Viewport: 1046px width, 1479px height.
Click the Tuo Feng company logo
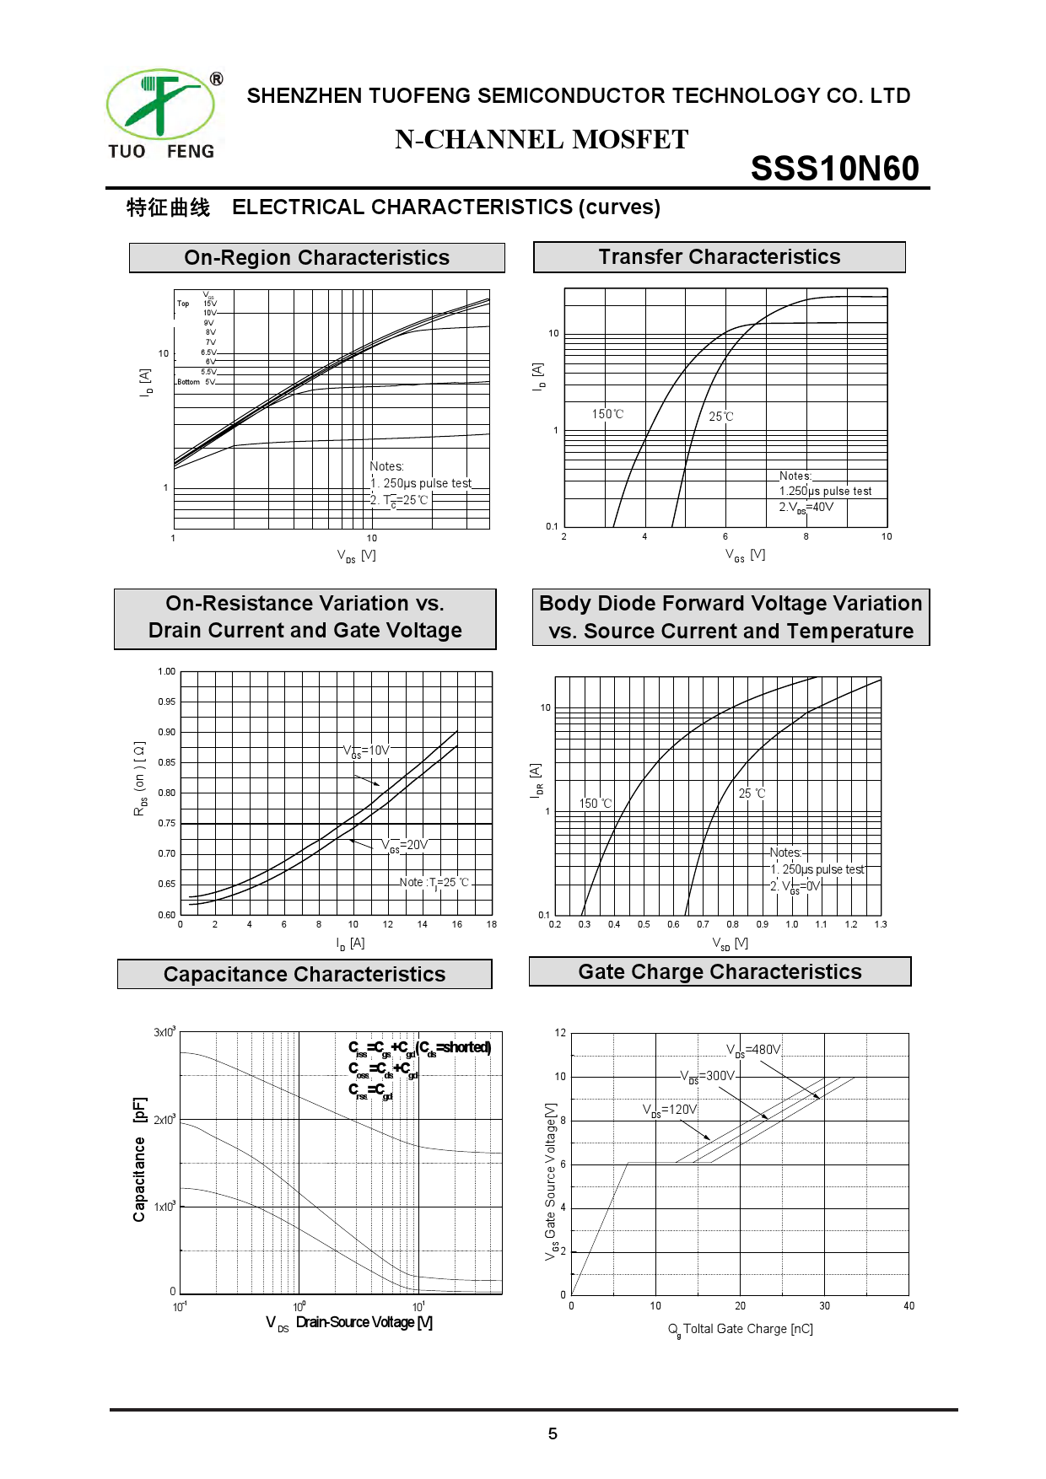[x=161, y=115]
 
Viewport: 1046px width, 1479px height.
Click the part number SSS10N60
[x=834, y=169]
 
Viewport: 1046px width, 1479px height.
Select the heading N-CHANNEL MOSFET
[x=542, y=139]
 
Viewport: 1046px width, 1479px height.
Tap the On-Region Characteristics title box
[x=316, y=257]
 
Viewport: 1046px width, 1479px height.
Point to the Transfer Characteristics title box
[x=719, y=256]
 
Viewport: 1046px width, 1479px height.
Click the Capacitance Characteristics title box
[x=304, y=974]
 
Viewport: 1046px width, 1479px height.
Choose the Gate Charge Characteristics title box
[x=720, y=971]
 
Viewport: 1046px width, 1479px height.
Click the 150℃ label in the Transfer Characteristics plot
[x=607, y=414]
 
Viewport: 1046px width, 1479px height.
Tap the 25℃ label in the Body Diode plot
[x=752, y=793]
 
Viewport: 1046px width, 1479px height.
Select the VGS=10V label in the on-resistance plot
[x=366, y=750]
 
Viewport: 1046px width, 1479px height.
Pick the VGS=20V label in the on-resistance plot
[x=405, y=845]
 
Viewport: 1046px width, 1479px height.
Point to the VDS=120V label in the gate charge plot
[x=670, y=1110]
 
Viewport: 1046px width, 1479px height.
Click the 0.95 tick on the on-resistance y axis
[x=167, y=702]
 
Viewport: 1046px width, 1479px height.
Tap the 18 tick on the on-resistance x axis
[x=492, y=924]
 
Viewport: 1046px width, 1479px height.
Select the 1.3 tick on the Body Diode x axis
[x=881, y=924]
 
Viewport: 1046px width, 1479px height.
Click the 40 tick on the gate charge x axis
[x=909, y=1306]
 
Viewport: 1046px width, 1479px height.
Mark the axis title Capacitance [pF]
[x=140, y=1159]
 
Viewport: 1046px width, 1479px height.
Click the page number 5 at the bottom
[x=553, y=1433]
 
